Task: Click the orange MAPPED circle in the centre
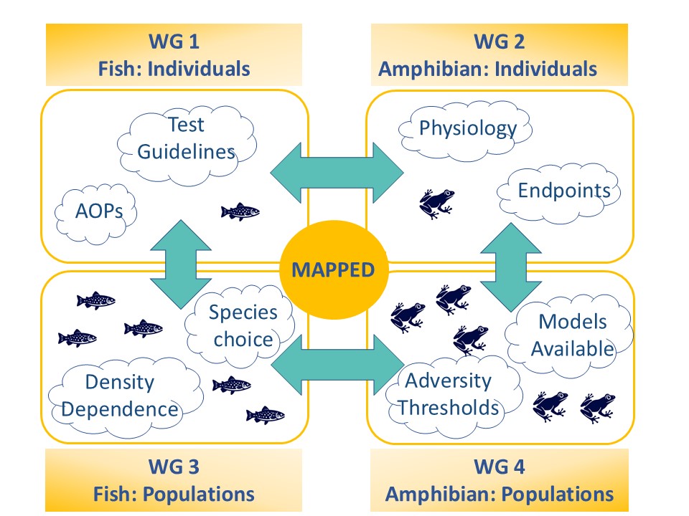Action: [334, 269]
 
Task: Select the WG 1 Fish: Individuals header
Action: [174, 55]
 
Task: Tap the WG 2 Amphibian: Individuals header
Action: [500, 55]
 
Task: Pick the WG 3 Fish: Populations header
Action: [174, 480]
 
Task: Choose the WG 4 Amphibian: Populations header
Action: [500, 480]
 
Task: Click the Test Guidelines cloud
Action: [187, 145]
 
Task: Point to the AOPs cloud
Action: [95, 214]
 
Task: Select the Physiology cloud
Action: [465, 130]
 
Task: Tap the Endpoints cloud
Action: [559, 193]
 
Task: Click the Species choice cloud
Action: [240, 327]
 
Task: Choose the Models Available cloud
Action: [569, 335]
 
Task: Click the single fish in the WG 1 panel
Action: [240, 211]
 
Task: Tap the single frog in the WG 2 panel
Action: [436, 204]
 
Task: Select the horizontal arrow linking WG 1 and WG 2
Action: [337, 173]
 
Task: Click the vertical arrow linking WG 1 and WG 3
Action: [181, 264]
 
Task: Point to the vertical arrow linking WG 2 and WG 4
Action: [510, 267]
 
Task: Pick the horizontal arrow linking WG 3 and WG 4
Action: [337, 365]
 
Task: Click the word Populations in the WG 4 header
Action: [559, 494]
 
